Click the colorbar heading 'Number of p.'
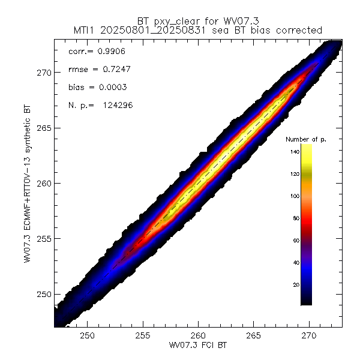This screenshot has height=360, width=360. [x=306, y=139]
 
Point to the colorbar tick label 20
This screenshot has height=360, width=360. [x=295, y=284]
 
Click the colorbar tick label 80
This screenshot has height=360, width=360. [x=295, y=218]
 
